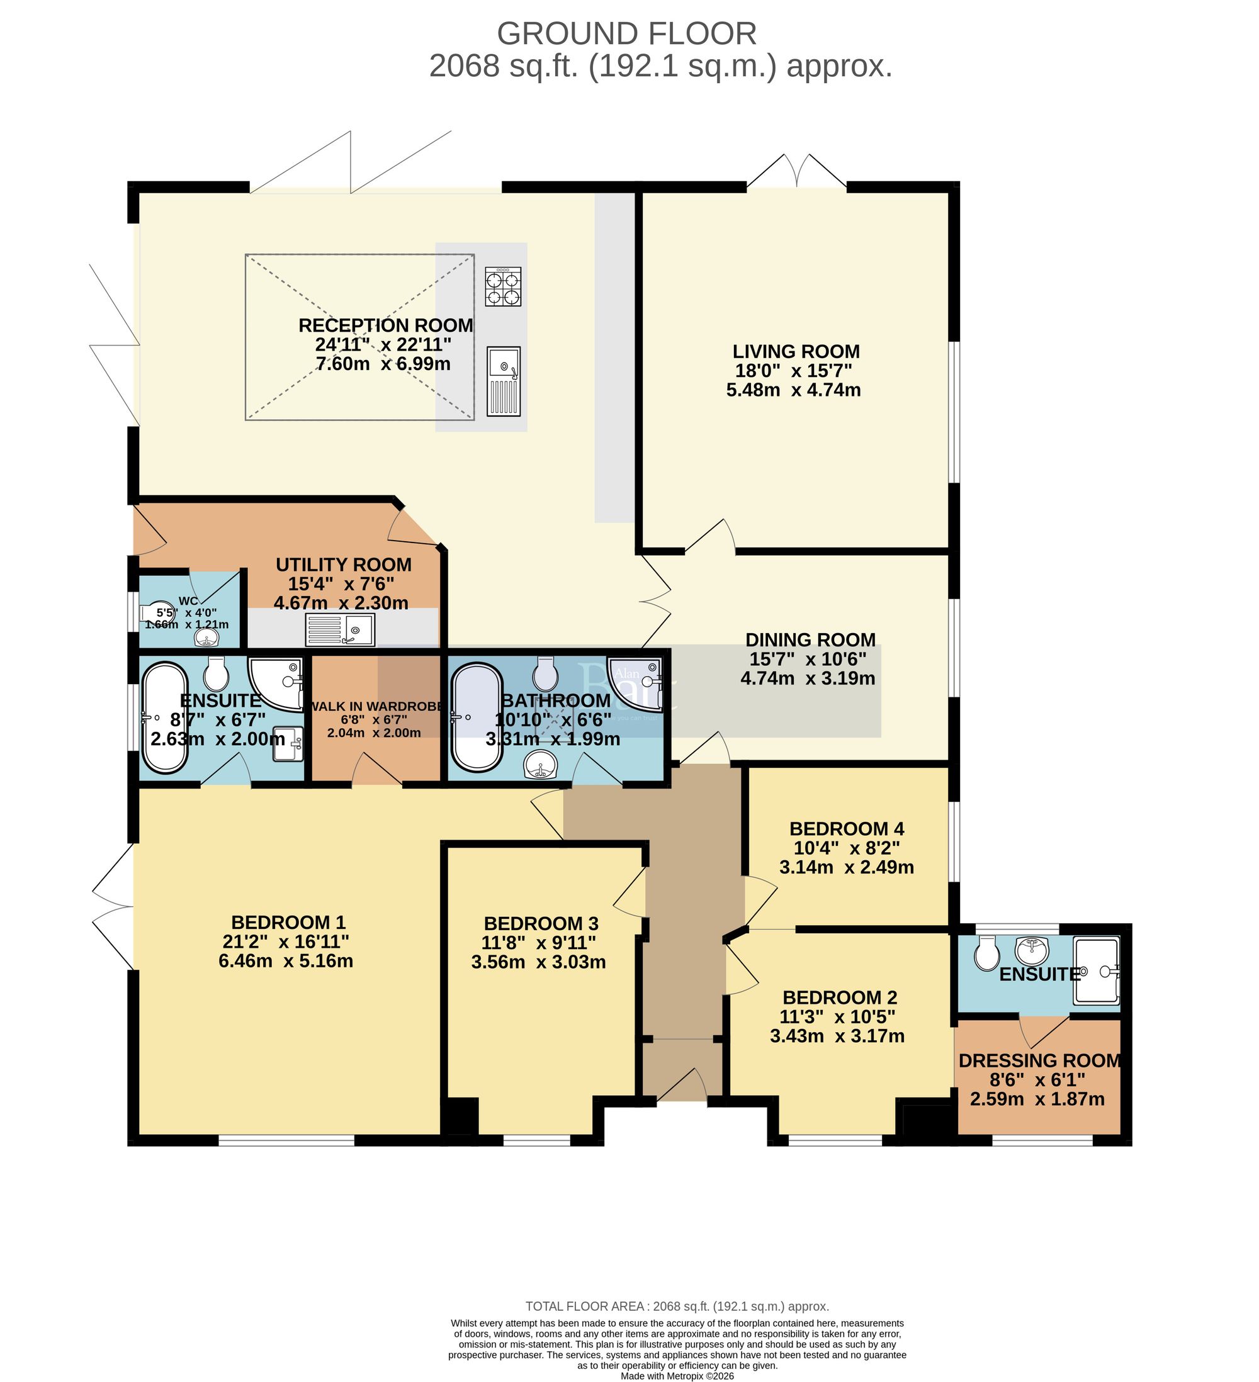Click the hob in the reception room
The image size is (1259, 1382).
point(502,286)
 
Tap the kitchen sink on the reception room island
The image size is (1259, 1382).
point(504,381)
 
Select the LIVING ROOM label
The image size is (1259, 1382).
point(796,352)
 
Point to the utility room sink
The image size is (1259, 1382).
point(340,629)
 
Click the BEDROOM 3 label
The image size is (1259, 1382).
point(540,923)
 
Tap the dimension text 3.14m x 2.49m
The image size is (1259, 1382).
point(846,867)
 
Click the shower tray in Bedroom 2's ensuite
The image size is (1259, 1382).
point(1096,970)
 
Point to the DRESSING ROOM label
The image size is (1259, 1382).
point(1039,1060)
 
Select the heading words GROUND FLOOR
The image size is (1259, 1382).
point(626,33)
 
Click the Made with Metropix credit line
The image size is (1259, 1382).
point(677,1375)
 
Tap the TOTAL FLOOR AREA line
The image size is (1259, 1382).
point(677,1306)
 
